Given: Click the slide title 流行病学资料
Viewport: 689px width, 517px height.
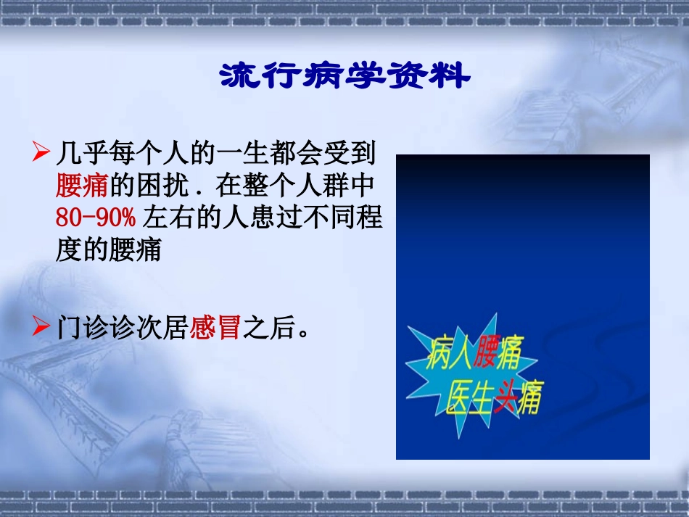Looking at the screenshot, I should (x=344, y=76).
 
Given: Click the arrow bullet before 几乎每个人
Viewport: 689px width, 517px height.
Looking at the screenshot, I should (x=42, y=152).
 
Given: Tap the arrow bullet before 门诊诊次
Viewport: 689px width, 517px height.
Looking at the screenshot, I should (x=42, y=328).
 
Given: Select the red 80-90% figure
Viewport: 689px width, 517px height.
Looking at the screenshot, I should (x=96, y=218).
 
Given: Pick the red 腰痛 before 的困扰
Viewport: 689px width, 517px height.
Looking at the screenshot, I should (x=81, y=185).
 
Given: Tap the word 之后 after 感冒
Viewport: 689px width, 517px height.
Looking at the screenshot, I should (x=268, y=330).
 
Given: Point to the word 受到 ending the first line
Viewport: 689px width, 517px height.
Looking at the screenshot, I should (x=347, y=153).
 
